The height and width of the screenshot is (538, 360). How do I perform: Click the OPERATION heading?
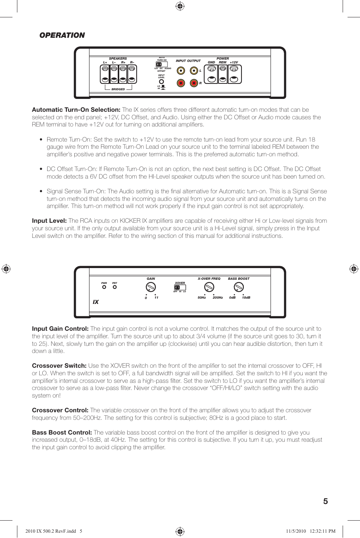coord(62,35)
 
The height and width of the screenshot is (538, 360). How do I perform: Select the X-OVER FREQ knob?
coord(209,287)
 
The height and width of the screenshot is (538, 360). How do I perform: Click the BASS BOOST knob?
coord(238,287)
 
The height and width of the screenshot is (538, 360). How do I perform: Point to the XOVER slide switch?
coord(180,287)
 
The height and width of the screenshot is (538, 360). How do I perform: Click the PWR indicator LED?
coord(104,287)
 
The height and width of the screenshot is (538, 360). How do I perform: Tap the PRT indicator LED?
coord(115,287)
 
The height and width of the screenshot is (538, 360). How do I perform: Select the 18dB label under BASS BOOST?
coord(246,298)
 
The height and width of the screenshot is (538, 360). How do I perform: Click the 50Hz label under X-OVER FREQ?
coord(202,298)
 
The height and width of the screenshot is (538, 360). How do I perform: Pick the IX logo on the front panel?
coord(96,302)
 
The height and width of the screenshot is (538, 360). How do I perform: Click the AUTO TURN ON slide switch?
coord(162,64)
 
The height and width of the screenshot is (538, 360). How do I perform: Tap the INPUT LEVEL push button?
coord(162,82)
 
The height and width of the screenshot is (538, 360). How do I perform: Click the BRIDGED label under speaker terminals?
coord(118,89)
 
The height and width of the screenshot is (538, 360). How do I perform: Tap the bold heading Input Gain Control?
coord(60,329)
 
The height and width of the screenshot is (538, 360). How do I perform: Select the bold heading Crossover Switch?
coord(59,366)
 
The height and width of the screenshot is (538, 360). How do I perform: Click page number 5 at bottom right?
coord(325,501)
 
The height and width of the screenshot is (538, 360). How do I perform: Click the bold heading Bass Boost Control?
coord(62,433)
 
